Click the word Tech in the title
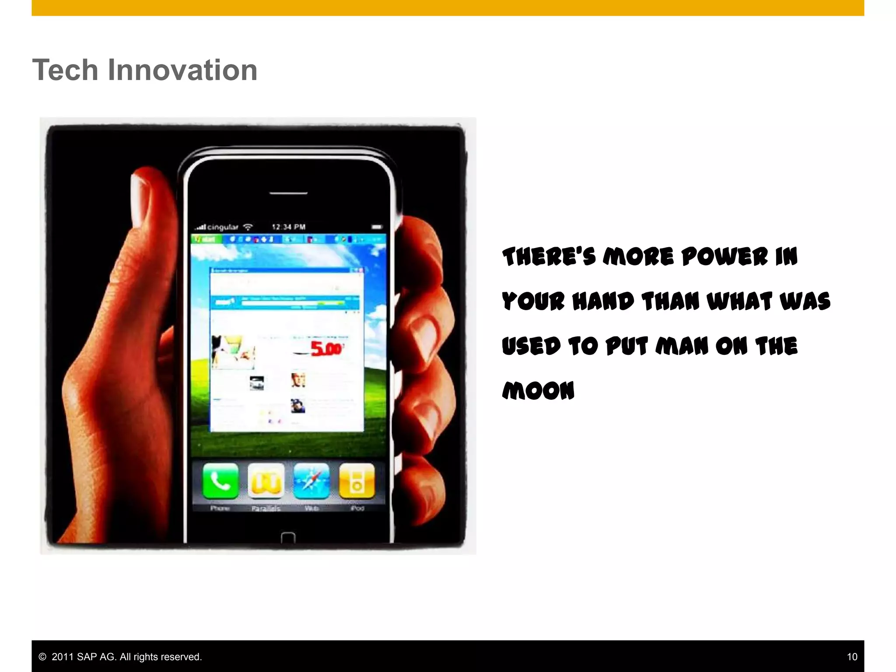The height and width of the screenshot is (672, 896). click(65, 70)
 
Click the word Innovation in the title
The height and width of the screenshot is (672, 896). click(182, 70)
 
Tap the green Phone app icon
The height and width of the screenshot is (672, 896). click(220, 481)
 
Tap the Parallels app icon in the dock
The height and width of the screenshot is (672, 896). click(266, 481)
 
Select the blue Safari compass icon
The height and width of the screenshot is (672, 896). click(311, 481)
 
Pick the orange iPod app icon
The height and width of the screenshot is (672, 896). click(357, 481)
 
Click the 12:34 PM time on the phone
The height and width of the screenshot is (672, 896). click(288, 227)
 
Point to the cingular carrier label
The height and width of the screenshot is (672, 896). click(222, 227)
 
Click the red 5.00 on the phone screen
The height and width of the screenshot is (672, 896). click(325, 349)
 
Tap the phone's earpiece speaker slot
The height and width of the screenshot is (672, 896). click(288, 193)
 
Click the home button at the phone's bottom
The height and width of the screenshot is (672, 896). click(288, 538)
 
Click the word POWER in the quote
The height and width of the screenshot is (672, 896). click(724, 257)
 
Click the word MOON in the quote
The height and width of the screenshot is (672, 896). click(538, 391)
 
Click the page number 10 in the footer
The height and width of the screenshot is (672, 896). click(851, 657)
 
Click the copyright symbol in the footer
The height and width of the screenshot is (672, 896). click(42, 657)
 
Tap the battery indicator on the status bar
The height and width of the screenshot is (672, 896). click(377, 227)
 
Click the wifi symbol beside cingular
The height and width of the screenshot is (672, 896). click(248, 227)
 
